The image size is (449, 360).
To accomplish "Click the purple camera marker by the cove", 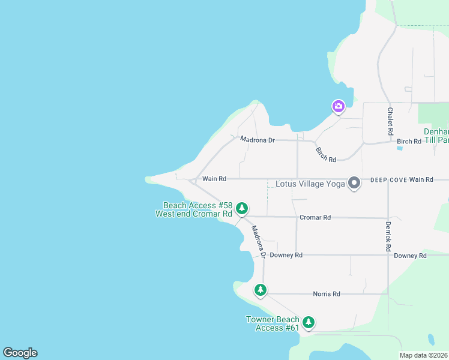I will click(x=339, y=107).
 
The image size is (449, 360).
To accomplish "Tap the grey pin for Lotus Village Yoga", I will click(x=354, y=182).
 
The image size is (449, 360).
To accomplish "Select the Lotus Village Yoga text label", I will click(x=310, y=184).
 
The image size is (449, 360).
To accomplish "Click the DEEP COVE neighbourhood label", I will click(x=388, y=179).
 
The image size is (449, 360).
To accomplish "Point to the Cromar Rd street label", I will click(x=315, y=218).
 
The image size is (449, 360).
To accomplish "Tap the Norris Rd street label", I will click(x=327, y=294).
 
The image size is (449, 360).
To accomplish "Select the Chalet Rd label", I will click(x=390, y=121).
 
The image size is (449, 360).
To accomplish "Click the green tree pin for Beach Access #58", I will click(x=241, y=208).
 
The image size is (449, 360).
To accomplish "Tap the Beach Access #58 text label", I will click(x=194, y=209).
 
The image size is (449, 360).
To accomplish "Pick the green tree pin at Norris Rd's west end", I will click(x=260, y=290).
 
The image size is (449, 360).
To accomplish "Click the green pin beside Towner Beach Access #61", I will click(x=309, y=322).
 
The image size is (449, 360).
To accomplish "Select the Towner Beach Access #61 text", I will click(x=273, y=323).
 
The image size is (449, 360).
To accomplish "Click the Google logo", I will click(x=20, y=353).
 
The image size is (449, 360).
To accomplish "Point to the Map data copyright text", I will click(x=424, y=355).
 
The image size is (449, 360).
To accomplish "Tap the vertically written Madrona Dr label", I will click(x=259, y=242).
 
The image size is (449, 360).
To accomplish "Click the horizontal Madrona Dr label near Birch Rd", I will click(x=257, y=140).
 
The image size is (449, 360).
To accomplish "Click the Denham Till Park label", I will click(x=436, y=136).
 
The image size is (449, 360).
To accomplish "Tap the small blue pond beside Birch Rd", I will click(x=400, y=148).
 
